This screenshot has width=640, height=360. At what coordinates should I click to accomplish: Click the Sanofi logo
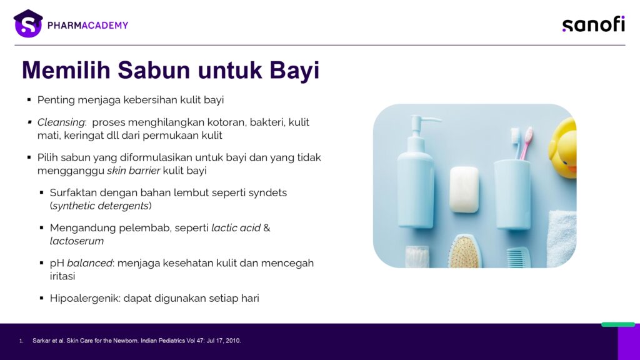(x=594, y=24)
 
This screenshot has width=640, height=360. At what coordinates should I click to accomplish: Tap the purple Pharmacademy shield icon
(x=28, y=24)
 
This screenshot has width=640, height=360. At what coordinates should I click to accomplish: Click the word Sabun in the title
(x=154, y=70)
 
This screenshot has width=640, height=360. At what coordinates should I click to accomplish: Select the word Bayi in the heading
(x=294, y=71)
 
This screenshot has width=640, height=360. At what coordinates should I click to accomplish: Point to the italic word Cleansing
(x=61, y=122)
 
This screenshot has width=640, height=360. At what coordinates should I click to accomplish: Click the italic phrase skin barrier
(x=134, y=171)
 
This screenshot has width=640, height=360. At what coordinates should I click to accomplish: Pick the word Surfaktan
(x=73, y=192)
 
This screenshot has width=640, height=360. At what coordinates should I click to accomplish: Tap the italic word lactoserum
(x=77, y=241)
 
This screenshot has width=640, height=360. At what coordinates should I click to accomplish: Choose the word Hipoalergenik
(x=85, y=298)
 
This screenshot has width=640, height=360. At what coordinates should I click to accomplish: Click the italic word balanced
(x=89, y=263)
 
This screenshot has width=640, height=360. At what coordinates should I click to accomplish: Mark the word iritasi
(x=62, y=276)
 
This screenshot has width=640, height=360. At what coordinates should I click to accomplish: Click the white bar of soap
(x=464, y=189)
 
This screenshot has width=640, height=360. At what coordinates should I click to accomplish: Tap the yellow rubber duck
(x=563, y=147)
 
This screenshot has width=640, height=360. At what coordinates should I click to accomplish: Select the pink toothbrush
(x=526, y=143)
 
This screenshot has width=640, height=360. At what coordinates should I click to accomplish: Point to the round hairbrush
(x=464, y=251)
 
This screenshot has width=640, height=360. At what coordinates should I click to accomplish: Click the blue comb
(x=518, y=257)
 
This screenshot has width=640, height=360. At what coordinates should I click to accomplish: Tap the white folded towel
(x=561, y=238)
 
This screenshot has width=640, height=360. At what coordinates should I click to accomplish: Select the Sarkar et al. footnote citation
(x=136, y=341)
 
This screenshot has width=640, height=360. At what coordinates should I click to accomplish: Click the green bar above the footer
(x=618, y=324)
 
